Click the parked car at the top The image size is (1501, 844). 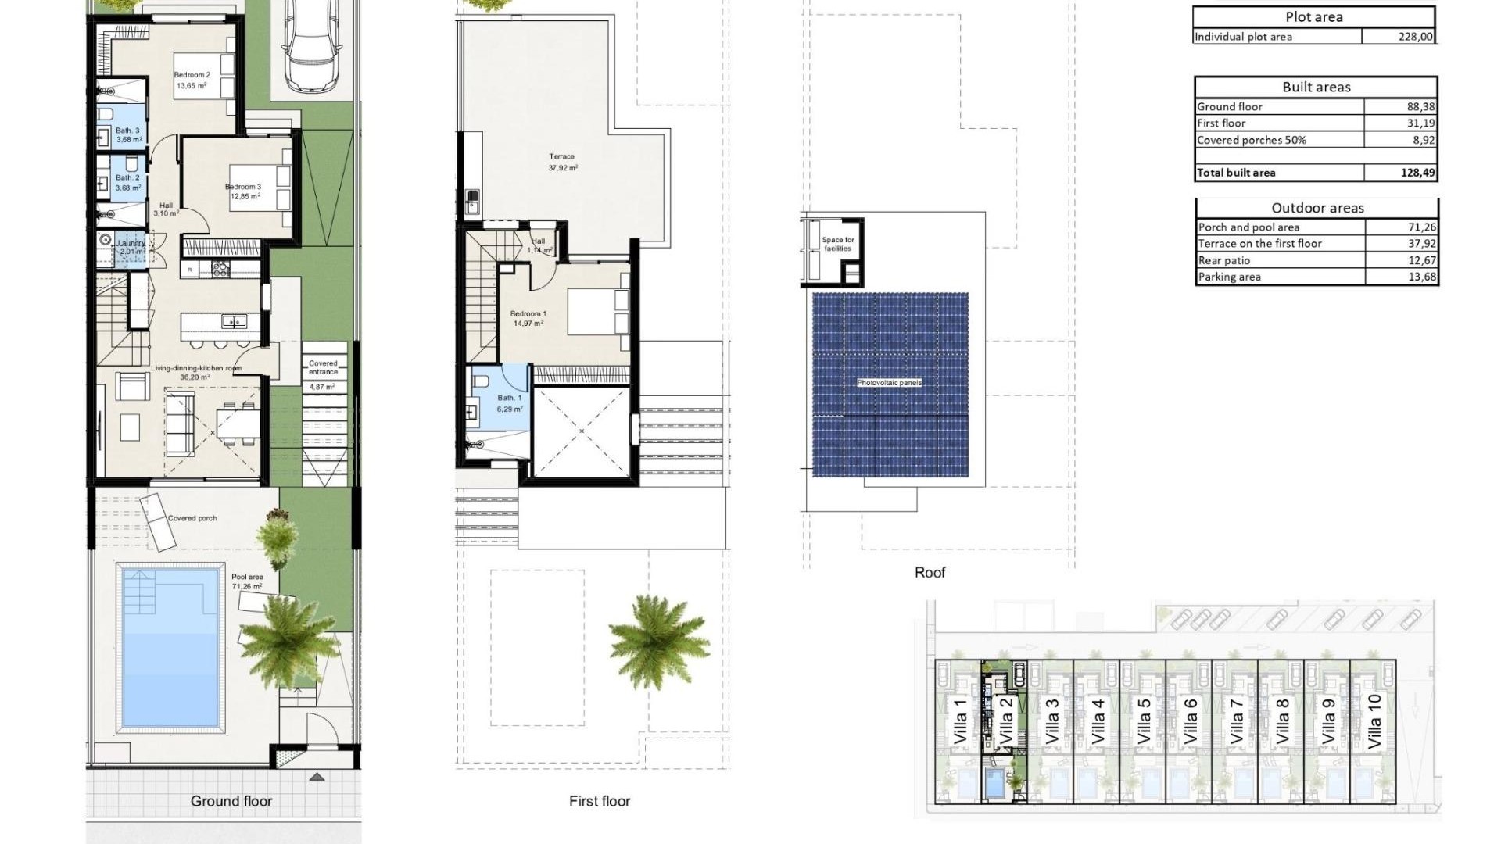tap(310, 44)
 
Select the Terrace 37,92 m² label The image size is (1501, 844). tap(562, 162)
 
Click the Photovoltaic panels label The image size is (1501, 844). tap(890, 383)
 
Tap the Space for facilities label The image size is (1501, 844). tap(837, 244)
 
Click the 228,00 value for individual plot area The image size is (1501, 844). tap(1415, 37)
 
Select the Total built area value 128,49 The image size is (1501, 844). tap(1417, 173)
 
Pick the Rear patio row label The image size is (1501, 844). tap(1224, 260)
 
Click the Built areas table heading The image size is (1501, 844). tap(1316, 87)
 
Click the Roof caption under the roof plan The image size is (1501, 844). tap(930, 573)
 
